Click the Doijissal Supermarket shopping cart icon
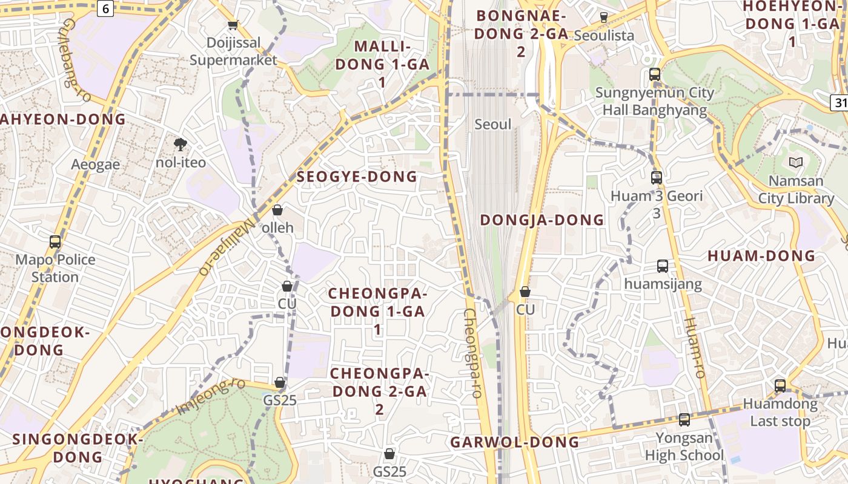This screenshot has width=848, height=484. tap(233, 25)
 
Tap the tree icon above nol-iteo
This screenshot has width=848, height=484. tap(180, 144)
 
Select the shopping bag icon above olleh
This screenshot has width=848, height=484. tap(277, 210)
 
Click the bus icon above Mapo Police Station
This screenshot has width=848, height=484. tap(55, 242)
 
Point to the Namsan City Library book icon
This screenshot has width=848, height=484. tap(795, 162)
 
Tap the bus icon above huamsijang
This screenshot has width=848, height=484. tap(663, 266)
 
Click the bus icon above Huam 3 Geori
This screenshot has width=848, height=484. tap(657, 178)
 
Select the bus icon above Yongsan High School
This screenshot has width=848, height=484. tap(684, 419)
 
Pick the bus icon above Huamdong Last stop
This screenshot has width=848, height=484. tap(780, 385)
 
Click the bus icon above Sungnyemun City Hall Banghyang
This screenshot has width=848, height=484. tap(655, 74)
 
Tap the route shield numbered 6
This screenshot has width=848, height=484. tap(105, 8)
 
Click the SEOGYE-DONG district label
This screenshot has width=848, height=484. tap(357, 177)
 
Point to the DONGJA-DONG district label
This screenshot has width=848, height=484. tap(542, 220)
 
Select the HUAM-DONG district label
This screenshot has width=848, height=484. tap(761, 256)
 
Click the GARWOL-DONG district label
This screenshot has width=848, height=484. tap(515, 442)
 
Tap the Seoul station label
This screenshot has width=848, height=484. tap(493, 125)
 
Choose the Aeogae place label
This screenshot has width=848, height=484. tap(96, 165)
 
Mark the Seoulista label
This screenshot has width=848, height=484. tap(604, 35)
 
